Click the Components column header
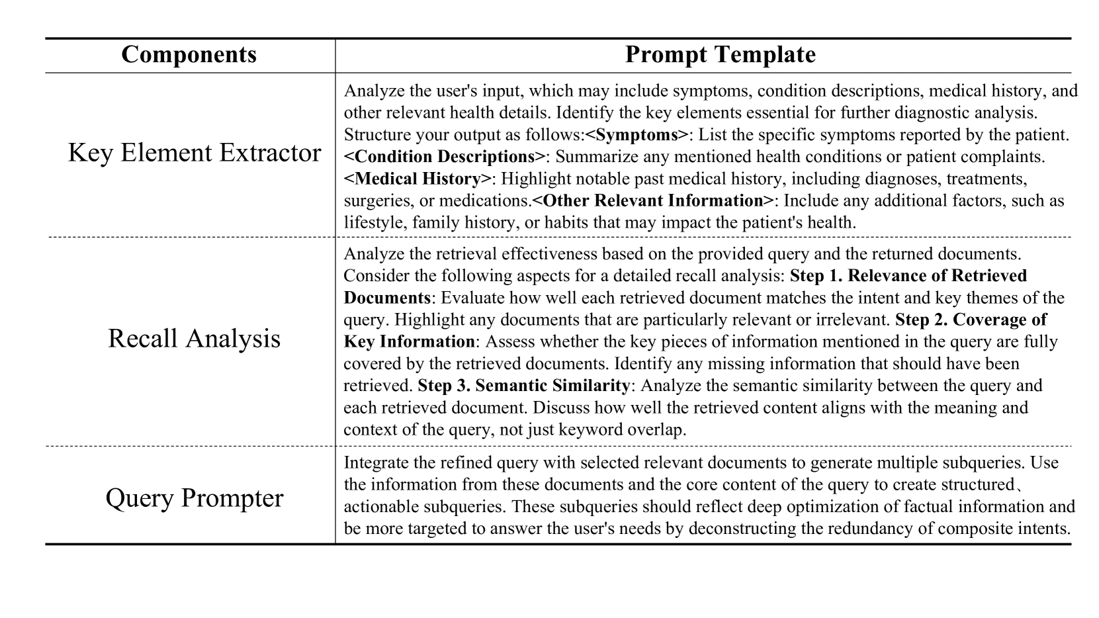point(189,54)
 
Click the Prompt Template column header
point(720,54)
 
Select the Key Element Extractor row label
point(194,153)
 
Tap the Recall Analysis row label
point(194,338)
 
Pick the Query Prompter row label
point(194,498)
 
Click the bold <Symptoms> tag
point(637,135)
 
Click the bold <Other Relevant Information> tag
point(652,200)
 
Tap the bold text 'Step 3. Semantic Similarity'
point(523,385)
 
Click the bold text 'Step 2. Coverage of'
point(971,320)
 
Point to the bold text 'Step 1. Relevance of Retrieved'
point(908,275)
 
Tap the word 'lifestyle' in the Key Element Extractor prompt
point(373,222)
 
